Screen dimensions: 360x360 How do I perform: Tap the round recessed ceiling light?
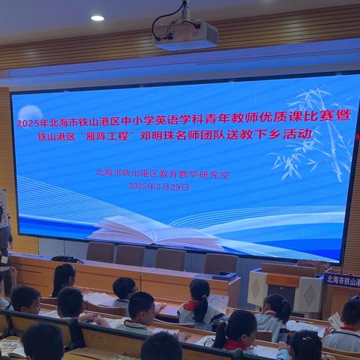click(97, 17)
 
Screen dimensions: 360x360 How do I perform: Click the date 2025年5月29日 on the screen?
click(159, 186)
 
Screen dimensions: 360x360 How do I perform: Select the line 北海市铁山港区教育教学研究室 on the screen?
click(163, 173)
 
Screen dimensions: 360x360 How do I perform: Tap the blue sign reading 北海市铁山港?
click(342, 280)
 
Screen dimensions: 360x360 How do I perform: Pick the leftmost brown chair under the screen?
click(100, 252)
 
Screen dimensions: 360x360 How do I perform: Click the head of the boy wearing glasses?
click(124, 288)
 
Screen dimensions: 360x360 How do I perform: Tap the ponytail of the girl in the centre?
click(201, 307)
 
